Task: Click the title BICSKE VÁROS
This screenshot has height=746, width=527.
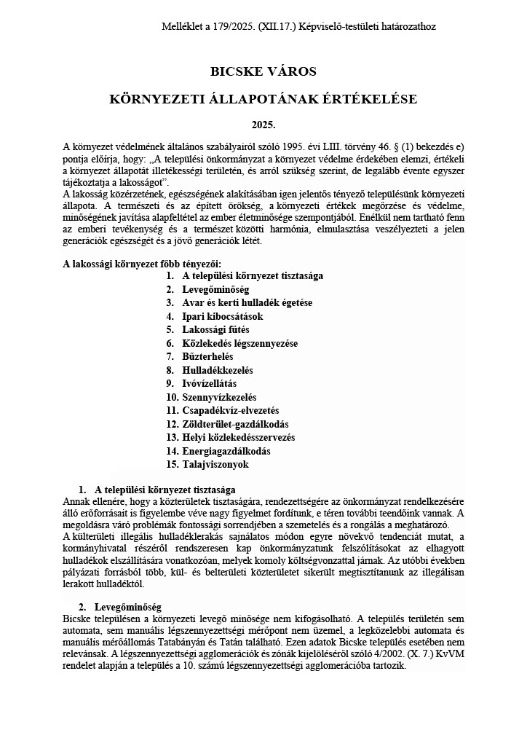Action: (x=263, y=71)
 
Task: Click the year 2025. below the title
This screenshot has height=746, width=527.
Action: (x=263, y=125)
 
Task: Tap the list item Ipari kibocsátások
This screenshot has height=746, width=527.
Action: (x=222, y=316)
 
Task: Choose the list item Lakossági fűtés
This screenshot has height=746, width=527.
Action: (x=215, y=329)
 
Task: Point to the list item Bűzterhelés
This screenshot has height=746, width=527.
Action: (x=207, y=356)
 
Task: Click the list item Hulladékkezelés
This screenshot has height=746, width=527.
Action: (x=217, y=370)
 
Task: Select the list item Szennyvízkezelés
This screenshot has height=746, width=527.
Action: (x=219, y=397)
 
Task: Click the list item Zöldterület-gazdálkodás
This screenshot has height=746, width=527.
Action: (x=235, y=424)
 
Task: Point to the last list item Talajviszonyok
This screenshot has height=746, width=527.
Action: (x=215, y=464)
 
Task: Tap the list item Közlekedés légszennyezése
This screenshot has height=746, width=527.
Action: (x=239, y=343)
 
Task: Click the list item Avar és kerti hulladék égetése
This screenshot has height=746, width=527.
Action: (x=247, y=302)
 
